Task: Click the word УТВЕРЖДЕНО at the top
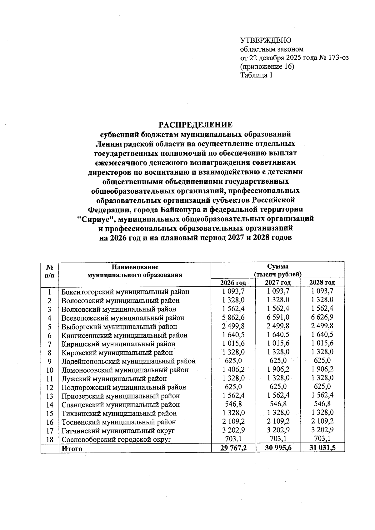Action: click(x=266, y=41)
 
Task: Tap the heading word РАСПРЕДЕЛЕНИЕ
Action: click(x=196, y=125)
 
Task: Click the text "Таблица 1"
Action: click(x=256, y=75)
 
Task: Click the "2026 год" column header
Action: click(x=233, y=283)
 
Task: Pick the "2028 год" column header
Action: click(x=322, y=283)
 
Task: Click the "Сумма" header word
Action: click(x=278, y=267)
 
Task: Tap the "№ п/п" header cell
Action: click(x=49, y=271)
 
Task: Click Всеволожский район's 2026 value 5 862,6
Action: click(x=233, y=318)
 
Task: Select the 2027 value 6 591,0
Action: click(x=278, y=318)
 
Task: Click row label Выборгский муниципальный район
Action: click(x=119, y=327)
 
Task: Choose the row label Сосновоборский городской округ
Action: click(x=117, y=440)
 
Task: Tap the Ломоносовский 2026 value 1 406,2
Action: click(x=233, y=370)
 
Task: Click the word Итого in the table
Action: click(x=72, y=449)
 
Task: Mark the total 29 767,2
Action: click(x=233, y=448)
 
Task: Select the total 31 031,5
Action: click(x=322, y=448)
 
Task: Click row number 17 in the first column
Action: click(x=49, y=431)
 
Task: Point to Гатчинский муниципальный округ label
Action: click(x=118, y=431)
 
